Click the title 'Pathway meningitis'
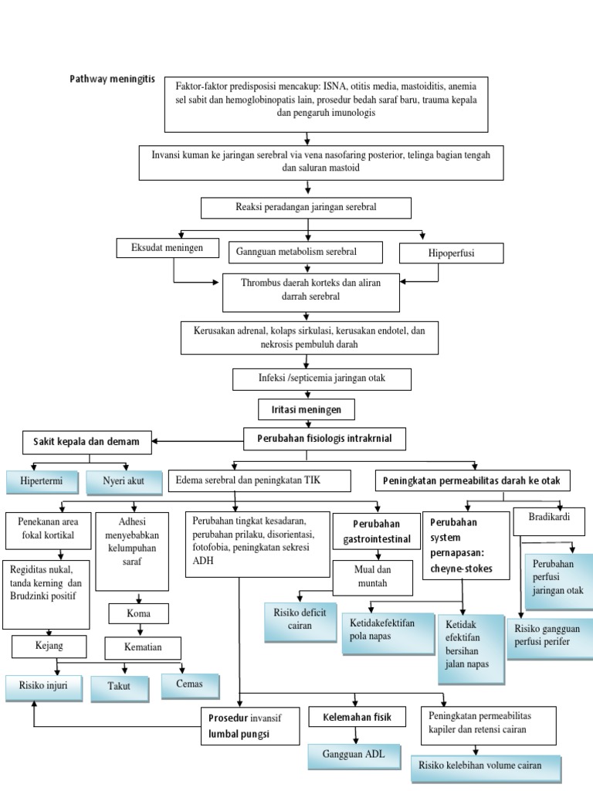point(113,79)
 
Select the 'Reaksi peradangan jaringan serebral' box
point(306,208)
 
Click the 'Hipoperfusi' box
point(451,253)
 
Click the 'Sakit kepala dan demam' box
point(86,441)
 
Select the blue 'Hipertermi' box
point(41,482)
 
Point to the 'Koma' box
point(138,614)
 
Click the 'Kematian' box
point(143,647)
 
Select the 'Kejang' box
point(48,644)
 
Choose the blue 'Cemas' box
point(190,684)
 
